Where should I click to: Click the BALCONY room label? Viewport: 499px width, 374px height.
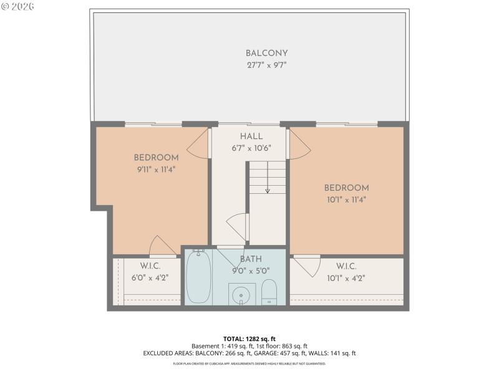point(266,54)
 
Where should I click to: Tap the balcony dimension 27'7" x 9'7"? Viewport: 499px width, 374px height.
point(266,65)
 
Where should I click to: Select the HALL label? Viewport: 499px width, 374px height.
point(251,137)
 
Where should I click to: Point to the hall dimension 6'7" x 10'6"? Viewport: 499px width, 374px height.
point(251,148)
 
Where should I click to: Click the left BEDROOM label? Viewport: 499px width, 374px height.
point(156,158)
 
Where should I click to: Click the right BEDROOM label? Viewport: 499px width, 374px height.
point(346,188)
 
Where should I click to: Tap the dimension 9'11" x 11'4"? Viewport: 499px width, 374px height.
point(156,169)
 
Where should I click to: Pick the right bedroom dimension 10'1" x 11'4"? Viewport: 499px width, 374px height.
point(346,200)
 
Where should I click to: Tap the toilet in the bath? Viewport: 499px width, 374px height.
point(269,292)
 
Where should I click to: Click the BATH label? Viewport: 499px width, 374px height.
point(251,259)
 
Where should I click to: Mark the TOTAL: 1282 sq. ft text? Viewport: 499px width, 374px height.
point(249,338)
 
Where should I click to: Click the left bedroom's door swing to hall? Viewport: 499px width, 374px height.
point(198,145)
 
